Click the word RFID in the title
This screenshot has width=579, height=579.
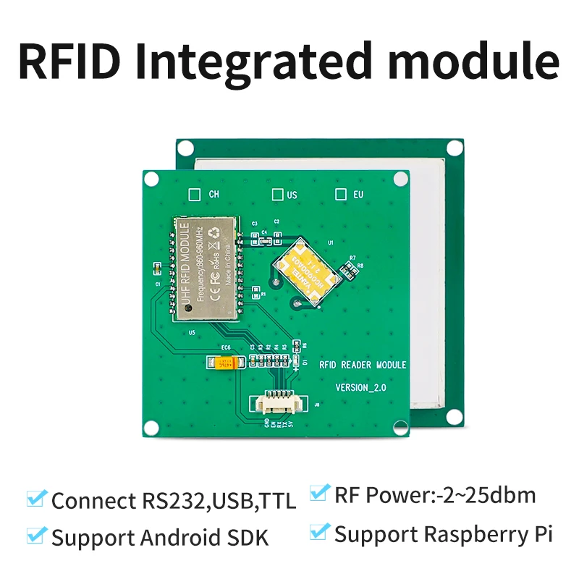coord(69,61)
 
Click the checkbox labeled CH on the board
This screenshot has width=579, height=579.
coord(194,194)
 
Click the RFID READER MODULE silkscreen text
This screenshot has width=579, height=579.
coord(363,365)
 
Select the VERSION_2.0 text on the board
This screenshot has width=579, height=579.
coord(361,388)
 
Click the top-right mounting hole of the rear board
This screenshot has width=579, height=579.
coord(454,148)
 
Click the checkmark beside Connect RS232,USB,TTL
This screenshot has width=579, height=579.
coord(35,499)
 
